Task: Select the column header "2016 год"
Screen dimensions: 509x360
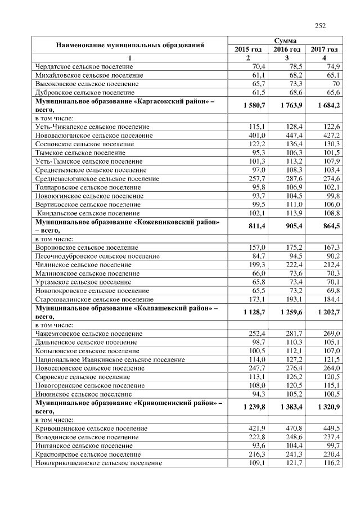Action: (x=286, y=49)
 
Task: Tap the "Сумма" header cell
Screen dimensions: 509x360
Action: (x=285, y=41)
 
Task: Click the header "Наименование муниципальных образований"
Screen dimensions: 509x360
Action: (x=129, y=45)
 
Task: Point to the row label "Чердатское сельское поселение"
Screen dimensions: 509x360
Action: (x=84, y=66)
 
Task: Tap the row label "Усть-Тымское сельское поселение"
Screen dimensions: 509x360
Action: (x=85, y=161)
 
